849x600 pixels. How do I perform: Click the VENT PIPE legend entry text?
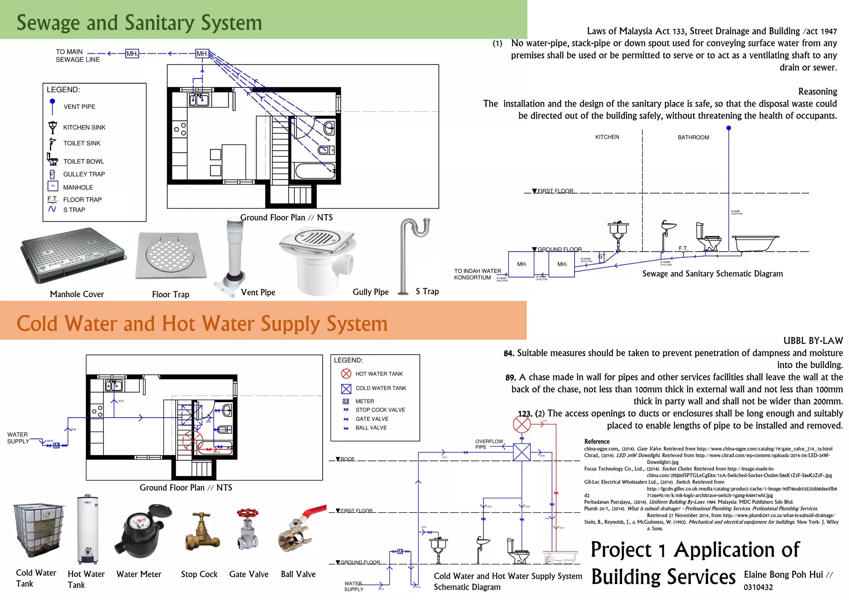(79, 107)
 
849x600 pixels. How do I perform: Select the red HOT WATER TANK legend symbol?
(346, 374)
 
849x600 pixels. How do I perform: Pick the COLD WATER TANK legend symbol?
(346, 389)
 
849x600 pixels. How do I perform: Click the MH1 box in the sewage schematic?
(521, 264)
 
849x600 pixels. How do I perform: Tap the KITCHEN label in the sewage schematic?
(607, 137)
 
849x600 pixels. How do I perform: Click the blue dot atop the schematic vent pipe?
(729, 128)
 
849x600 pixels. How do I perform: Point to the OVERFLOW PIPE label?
(489, 444)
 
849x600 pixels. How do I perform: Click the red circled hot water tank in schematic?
(522, 424)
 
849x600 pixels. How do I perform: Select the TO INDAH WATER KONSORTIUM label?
(477, 274)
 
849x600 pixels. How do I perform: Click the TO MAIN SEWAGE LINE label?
(78, 56)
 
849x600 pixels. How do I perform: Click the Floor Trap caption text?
(170, 295)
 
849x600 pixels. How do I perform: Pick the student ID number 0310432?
(758, 587)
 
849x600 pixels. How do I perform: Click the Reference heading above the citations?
(597, 442)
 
